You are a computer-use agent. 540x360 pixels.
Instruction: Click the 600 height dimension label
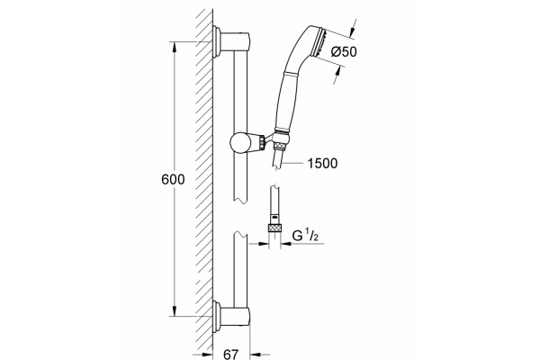[173, 179]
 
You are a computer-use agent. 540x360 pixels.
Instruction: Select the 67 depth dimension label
[230, 354]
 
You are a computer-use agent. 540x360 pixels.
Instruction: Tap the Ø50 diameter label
[344, 51]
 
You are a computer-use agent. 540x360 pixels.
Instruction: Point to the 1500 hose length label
[322, 163]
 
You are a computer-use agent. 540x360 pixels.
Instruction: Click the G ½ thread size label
[305, 236]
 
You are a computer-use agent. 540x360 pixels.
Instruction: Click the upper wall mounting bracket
[231, 41]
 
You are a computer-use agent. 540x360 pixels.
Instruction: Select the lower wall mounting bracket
[231, 316]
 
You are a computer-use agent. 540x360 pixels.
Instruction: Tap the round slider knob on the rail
[240, 142]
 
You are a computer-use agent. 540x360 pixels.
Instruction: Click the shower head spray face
[319, 42]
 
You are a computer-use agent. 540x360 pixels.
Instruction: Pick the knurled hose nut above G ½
[274, 228]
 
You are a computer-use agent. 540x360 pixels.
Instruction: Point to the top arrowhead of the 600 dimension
[175, 47]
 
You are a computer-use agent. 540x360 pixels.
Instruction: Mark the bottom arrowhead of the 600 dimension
[175, 310]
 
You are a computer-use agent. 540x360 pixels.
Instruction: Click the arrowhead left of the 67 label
[207, 354]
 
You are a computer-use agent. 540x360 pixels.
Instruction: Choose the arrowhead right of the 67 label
[255, 354]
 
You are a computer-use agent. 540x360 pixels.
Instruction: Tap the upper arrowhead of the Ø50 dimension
[353, 31]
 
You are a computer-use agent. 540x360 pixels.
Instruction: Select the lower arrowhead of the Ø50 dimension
[339, 71]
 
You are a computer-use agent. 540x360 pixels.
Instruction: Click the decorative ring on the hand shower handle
[292, 73]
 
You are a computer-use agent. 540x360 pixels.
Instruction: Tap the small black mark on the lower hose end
[274, 217]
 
